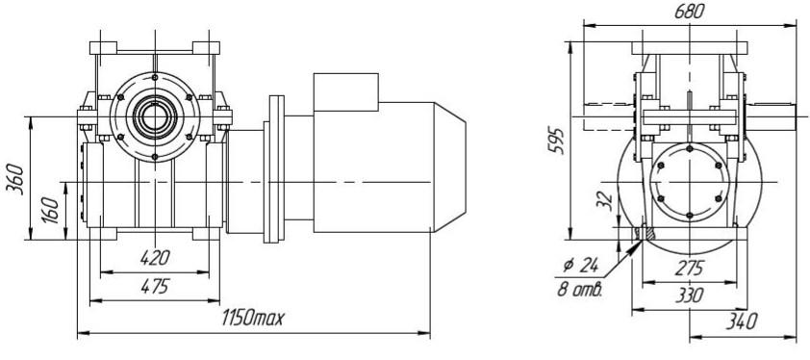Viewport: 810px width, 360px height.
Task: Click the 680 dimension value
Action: tap(689, 12)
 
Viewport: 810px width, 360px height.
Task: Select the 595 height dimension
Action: tap(556, 140)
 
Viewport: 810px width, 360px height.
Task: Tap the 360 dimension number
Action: tap(15, 177)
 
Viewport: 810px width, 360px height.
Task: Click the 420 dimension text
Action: tap(155, 257)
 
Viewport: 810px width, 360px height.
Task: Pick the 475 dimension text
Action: tap(155, 286)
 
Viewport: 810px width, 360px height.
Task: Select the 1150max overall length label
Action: tap(253, 318)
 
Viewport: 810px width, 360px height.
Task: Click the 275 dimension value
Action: tap(690, 268)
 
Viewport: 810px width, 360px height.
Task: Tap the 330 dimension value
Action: tap(690, 296)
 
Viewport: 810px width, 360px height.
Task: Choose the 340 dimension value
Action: tap(742, 321)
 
